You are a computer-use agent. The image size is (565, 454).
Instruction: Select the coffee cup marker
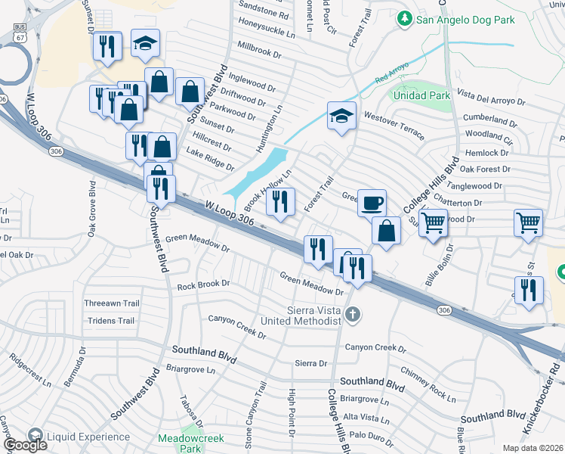[372, 203]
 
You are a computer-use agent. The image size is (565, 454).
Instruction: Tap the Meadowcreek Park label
[180, 443]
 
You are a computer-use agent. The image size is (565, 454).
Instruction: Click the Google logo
[25, 445]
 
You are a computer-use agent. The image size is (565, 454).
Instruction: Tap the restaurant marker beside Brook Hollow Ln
[280, 202]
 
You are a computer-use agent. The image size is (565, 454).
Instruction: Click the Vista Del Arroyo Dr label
[490, 99]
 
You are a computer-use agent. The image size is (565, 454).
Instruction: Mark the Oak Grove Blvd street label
[91, 210]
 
